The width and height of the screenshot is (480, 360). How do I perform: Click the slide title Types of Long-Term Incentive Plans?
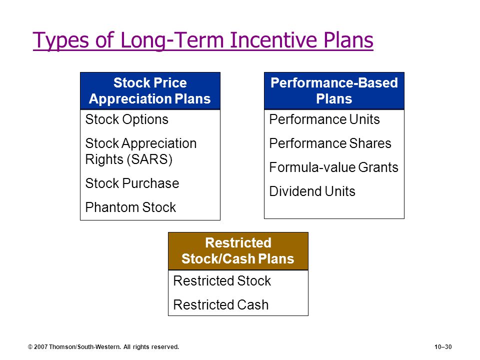(x=203, y=40)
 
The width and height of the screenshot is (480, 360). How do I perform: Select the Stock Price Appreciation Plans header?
(x=150, y=91)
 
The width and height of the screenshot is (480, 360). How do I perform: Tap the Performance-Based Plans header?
(x=334, y=91)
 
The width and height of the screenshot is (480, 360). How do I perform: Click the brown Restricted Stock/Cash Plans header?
(x=238, y=251)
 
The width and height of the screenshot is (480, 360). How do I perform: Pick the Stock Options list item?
(x=126, y=119)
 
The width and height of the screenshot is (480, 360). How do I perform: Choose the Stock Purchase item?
(x=132, y=183)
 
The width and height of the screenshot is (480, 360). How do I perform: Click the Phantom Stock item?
(x=130, y=207)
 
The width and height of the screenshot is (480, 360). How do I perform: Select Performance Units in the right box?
(x=324, y=119)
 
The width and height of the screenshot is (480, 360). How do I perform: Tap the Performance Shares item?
(x=330, y=143)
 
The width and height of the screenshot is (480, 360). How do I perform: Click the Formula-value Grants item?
(x=333, y=167)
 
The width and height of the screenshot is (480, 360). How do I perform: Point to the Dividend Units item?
(x=312, y=191)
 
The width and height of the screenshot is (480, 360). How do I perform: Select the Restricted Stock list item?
(x=222, y=280)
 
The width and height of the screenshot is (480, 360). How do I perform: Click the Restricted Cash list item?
(x=221, y=305)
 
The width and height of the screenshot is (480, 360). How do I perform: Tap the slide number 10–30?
(x=443, y=347)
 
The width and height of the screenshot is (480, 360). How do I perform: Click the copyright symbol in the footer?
(x=30, y=347)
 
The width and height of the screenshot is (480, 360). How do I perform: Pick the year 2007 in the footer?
(x=40, y=347)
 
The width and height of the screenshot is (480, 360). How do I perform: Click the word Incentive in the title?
(x=273, y=40)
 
